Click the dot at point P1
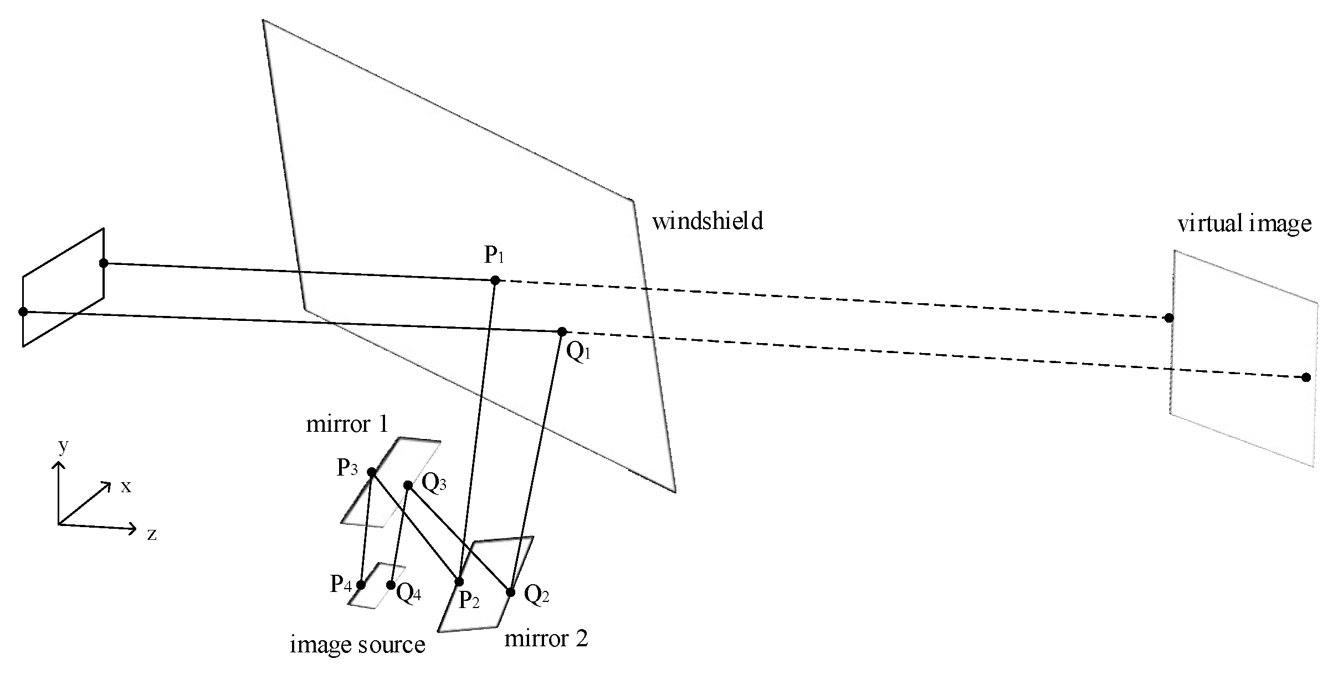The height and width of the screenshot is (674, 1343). pos(495,280)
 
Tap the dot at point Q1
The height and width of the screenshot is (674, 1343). pos(562,331)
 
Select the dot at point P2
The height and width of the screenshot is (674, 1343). pos(459,581)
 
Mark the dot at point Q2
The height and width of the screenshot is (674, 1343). pos(511,592)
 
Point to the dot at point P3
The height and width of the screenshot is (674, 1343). pos(372,472)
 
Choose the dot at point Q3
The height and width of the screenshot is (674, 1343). pos(408,485)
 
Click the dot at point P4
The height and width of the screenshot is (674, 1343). pos(361,585)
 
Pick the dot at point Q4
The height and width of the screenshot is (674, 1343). pos(391,585)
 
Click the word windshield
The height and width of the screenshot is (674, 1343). pos(708,222)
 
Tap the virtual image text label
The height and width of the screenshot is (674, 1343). pos(1244,224)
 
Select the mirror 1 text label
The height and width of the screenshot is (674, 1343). pos(347,425)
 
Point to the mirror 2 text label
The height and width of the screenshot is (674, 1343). pos(546,639)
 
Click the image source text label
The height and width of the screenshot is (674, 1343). pos(357,645)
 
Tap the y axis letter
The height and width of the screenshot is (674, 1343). pos(63,446)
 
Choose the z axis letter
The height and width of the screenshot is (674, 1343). pos(151,534)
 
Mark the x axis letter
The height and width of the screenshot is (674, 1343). pos(126,487)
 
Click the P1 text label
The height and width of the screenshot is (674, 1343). pos(494,256)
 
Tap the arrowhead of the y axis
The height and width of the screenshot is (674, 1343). pos(58,466)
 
